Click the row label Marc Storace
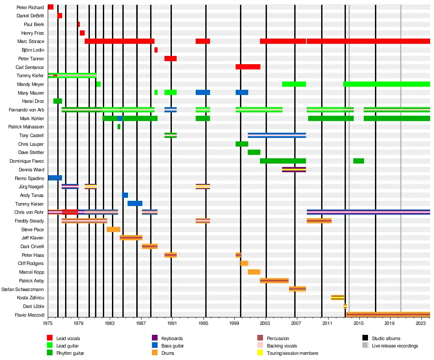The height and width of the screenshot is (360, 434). tap(31, 42)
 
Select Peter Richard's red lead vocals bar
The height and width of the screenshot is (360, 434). tap(51, 7)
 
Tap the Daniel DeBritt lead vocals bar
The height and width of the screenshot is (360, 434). tap(60, 16)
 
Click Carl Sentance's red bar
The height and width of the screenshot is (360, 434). tap(248, 67)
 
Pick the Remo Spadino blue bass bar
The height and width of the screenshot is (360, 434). tap(55, 178)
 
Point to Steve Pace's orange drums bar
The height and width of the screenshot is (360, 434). tap(113, 229)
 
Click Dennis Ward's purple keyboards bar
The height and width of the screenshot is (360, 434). tap(294, 170)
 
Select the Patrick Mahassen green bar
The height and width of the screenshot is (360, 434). tap(119, 127)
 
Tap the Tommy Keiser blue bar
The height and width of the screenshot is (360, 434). tap(135, 203)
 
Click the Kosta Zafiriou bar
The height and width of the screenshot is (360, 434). tap(338, 298)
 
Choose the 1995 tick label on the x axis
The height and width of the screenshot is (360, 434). tap(203, 324)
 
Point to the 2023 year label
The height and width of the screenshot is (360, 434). tap(421, 324)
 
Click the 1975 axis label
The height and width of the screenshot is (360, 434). tap(48, 324)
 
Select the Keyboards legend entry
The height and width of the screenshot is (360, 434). tap(172, 338)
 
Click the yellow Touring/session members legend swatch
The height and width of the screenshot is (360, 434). tap(260, 353)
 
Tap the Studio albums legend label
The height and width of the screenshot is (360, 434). tap(386, 338)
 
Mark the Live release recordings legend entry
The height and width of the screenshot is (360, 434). tap(395, 346)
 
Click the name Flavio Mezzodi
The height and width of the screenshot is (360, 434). tap(30, 315)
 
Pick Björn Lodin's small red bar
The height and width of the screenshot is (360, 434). tap(156, 50)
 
